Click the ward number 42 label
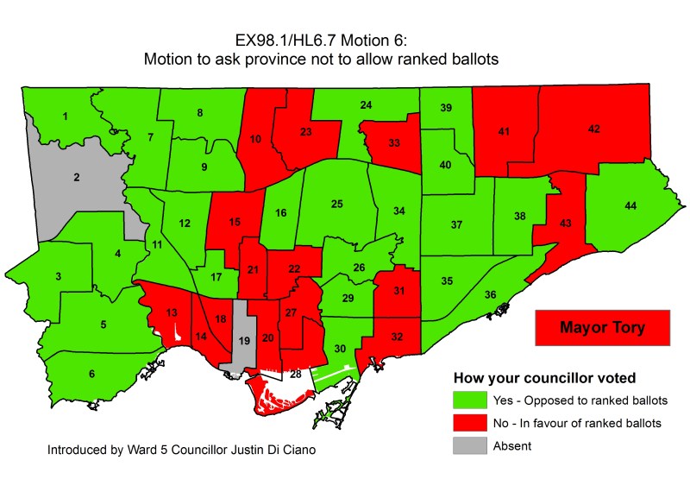[x=593, y=129]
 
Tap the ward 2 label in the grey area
[x=76, y=178]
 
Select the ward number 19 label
[x=243, y=343]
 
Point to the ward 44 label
[x=630, y=205]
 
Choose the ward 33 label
[x=393, y=142]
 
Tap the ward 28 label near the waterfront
[x=295, y=374]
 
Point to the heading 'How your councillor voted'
[x=544, y=377]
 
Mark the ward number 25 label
[x=337, y=205]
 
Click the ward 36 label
[x=490, y=295]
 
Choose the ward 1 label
[x=65, y=117]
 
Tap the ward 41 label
[x=505, y=131]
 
